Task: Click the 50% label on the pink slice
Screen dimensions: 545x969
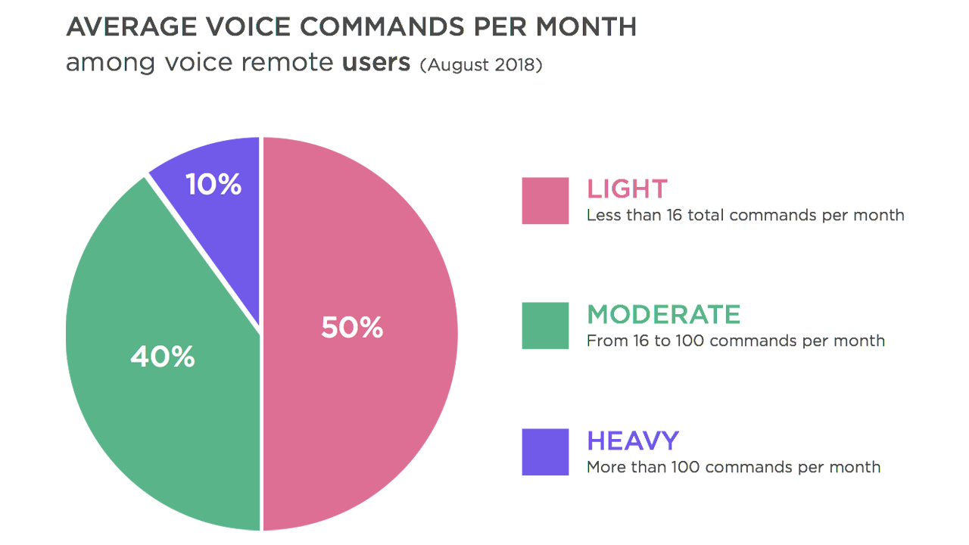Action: tap(352, 328)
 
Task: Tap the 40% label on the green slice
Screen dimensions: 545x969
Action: tap(162, 357)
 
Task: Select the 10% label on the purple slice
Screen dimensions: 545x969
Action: tap(213, 184)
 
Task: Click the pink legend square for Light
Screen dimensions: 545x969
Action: tap(545, 201)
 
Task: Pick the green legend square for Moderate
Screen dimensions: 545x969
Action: tap(545, 325)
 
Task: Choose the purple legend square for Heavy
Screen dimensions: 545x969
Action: tap(545, 452)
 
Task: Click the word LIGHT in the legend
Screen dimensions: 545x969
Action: tap(627, 188)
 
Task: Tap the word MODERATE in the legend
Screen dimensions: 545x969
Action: tap(664, 314)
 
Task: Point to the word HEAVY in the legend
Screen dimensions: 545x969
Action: tap(633, 441)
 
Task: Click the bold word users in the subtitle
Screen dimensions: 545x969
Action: tap(376, 62)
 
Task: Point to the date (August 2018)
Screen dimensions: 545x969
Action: tap(481, 64)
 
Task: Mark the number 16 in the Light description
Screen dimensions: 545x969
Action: tap(674, 215)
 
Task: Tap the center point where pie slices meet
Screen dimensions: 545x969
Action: tap(261, 333)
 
